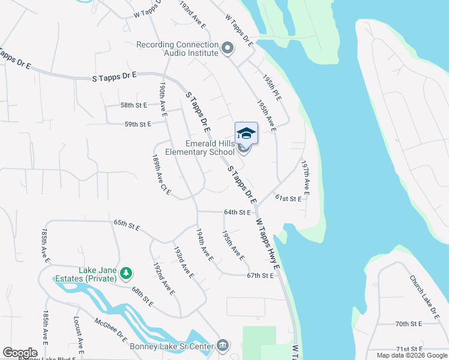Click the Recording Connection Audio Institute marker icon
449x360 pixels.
click(227, 48)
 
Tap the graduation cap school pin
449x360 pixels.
click(246, 133)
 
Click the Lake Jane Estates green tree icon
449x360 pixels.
click(125, 274)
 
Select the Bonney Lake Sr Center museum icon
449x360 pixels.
click(223, 344)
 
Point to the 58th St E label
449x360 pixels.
click(134, 105)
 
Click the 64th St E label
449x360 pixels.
click(237, 212)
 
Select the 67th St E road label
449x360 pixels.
click(260, 275)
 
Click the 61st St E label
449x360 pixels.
click(288, 198)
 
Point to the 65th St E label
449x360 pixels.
click(127, 225)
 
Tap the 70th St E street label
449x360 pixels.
click(409, 323)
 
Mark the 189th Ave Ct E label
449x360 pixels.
click(161, 176)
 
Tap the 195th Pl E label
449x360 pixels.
click(272, 88)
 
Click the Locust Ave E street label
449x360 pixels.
click(78, 333)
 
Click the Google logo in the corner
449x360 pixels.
click(20, 353)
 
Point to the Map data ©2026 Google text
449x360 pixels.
click(411, 355)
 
